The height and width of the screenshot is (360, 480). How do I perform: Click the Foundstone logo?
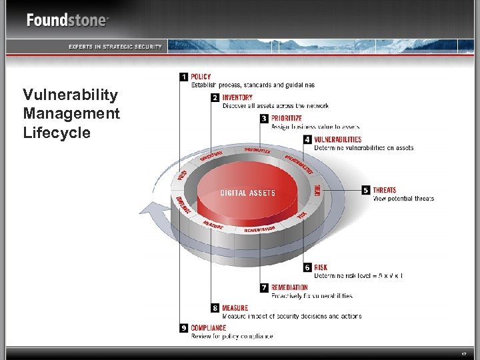coord(67,20)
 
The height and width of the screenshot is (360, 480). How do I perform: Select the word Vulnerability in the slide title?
coord(70,95)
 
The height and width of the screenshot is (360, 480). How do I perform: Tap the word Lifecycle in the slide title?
coord(56,133)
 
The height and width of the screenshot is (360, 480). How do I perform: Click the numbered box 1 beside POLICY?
coord(183,77)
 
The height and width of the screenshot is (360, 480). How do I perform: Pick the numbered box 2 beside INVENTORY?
coord(215,97)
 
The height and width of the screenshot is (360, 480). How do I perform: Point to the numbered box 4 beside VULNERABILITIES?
coord(307,139)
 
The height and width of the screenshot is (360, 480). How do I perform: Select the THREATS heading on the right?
coord(384,190)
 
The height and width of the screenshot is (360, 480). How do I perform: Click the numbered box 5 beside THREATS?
coord(365,190)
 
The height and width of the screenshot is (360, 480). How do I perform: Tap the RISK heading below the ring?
coord(321,267)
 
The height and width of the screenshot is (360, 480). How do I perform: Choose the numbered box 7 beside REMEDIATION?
coord(265,287)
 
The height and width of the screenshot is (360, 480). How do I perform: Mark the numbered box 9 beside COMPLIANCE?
coord(183,328)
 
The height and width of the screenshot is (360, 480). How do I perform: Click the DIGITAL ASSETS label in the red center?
coord(248,193)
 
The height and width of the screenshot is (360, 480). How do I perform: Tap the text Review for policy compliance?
coord(232,336)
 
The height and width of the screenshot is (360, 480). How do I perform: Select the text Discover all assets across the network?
coord(275,105)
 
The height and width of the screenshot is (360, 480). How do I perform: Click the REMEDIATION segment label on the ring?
coord(260,229)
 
